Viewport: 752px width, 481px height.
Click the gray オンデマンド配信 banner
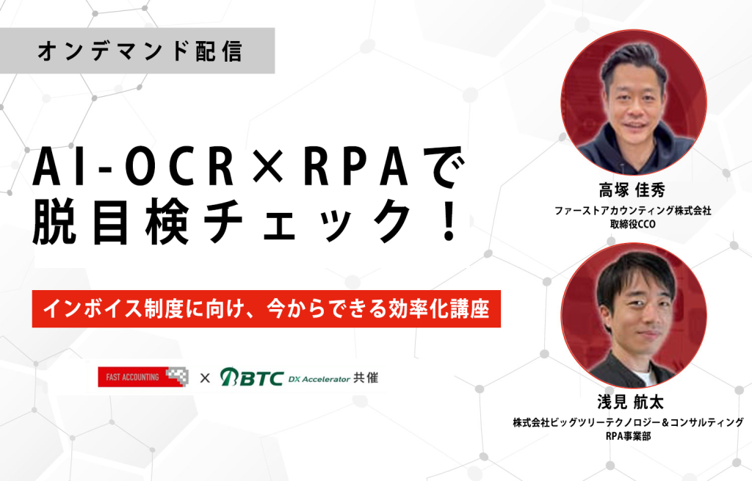tap(137, 51)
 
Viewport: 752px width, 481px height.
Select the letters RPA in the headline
tap(356, 168)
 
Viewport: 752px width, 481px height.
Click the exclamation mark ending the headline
tap(449, 220)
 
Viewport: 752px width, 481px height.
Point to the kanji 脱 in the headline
tap(54, 220)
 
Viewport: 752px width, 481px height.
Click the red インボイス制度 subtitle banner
tap(266, 309)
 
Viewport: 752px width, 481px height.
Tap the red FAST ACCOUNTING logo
tap(143, 377)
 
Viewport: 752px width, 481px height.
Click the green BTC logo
tap(252, 377)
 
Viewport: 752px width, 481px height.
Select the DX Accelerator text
tap(319, 379)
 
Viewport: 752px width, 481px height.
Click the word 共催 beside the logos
tap(366, 378)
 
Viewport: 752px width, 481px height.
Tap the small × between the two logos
tap(205, 378)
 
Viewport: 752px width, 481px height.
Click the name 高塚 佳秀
tap(632, 190)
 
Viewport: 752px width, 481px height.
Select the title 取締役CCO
tap(632, 224)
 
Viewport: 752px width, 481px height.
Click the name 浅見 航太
tap(631, 402)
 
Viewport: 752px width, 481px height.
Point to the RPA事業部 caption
tap(629, 436)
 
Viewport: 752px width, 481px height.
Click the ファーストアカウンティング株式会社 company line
tap(632, 211)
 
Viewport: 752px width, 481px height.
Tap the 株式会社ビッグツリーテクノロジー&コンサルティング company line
tap(629, 422)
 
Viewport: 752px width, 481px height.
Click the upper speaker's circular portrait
tap(634, 102)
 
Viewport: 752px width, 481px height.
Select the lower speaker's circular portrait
tap(634, 315)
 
